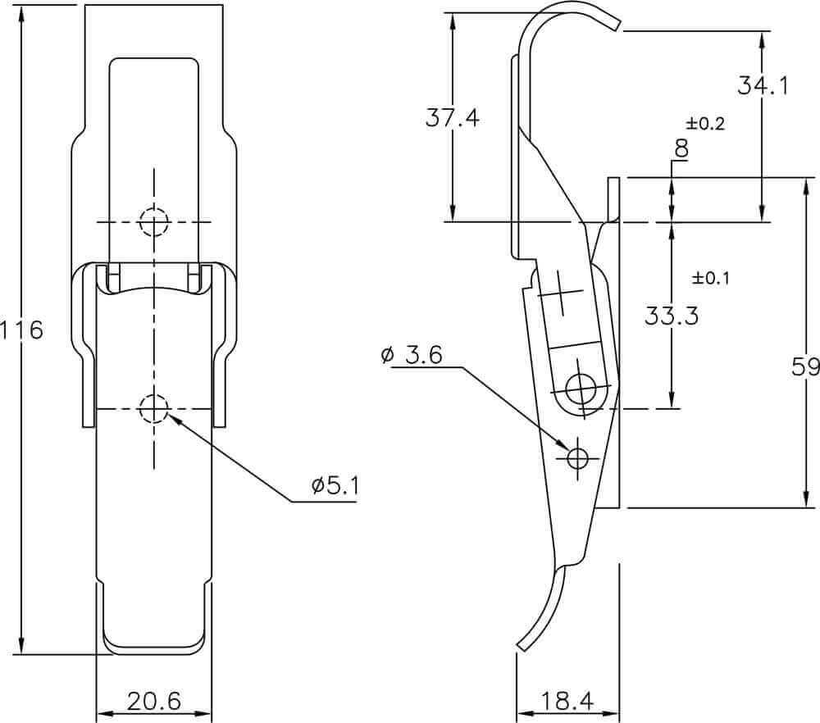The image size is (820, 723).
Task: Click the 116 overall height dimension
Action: pos(22,330)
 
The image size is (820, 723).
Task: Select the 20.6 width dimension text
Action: pos(154,701)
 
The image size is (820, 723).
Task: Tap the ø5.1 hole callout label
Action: pos(335,487)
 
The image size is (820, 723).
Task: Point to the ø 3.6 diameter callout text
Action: pos(412,355)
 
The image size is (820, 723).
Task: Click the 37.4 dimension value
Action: pos(453,118)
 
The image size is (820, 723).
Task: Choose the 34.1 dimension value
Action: pos(763,85)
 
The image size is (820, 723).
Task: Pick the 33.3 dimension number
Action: pos(672,316)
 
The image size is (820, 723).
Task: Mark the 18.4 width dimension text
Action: pos(567,701)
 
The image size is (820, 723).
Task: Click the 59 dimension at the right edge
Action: pos(805,367)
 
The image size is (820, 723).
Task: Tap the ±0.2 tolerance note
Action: pos(705,124)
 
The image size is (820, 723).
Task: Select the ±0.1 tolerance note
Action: pos(710,278)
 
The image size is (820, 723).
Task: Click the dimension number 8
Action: pos(681,149)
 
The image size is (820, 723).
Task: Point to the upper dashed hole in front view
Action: pos(154,222)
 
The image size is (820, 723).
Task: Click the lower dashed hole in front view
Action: pos(154,408)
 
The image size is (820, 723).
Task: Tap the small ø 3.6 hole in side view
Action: pos(577,458)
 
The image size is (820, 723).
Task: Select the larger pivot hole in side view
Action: pos(581,389)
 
